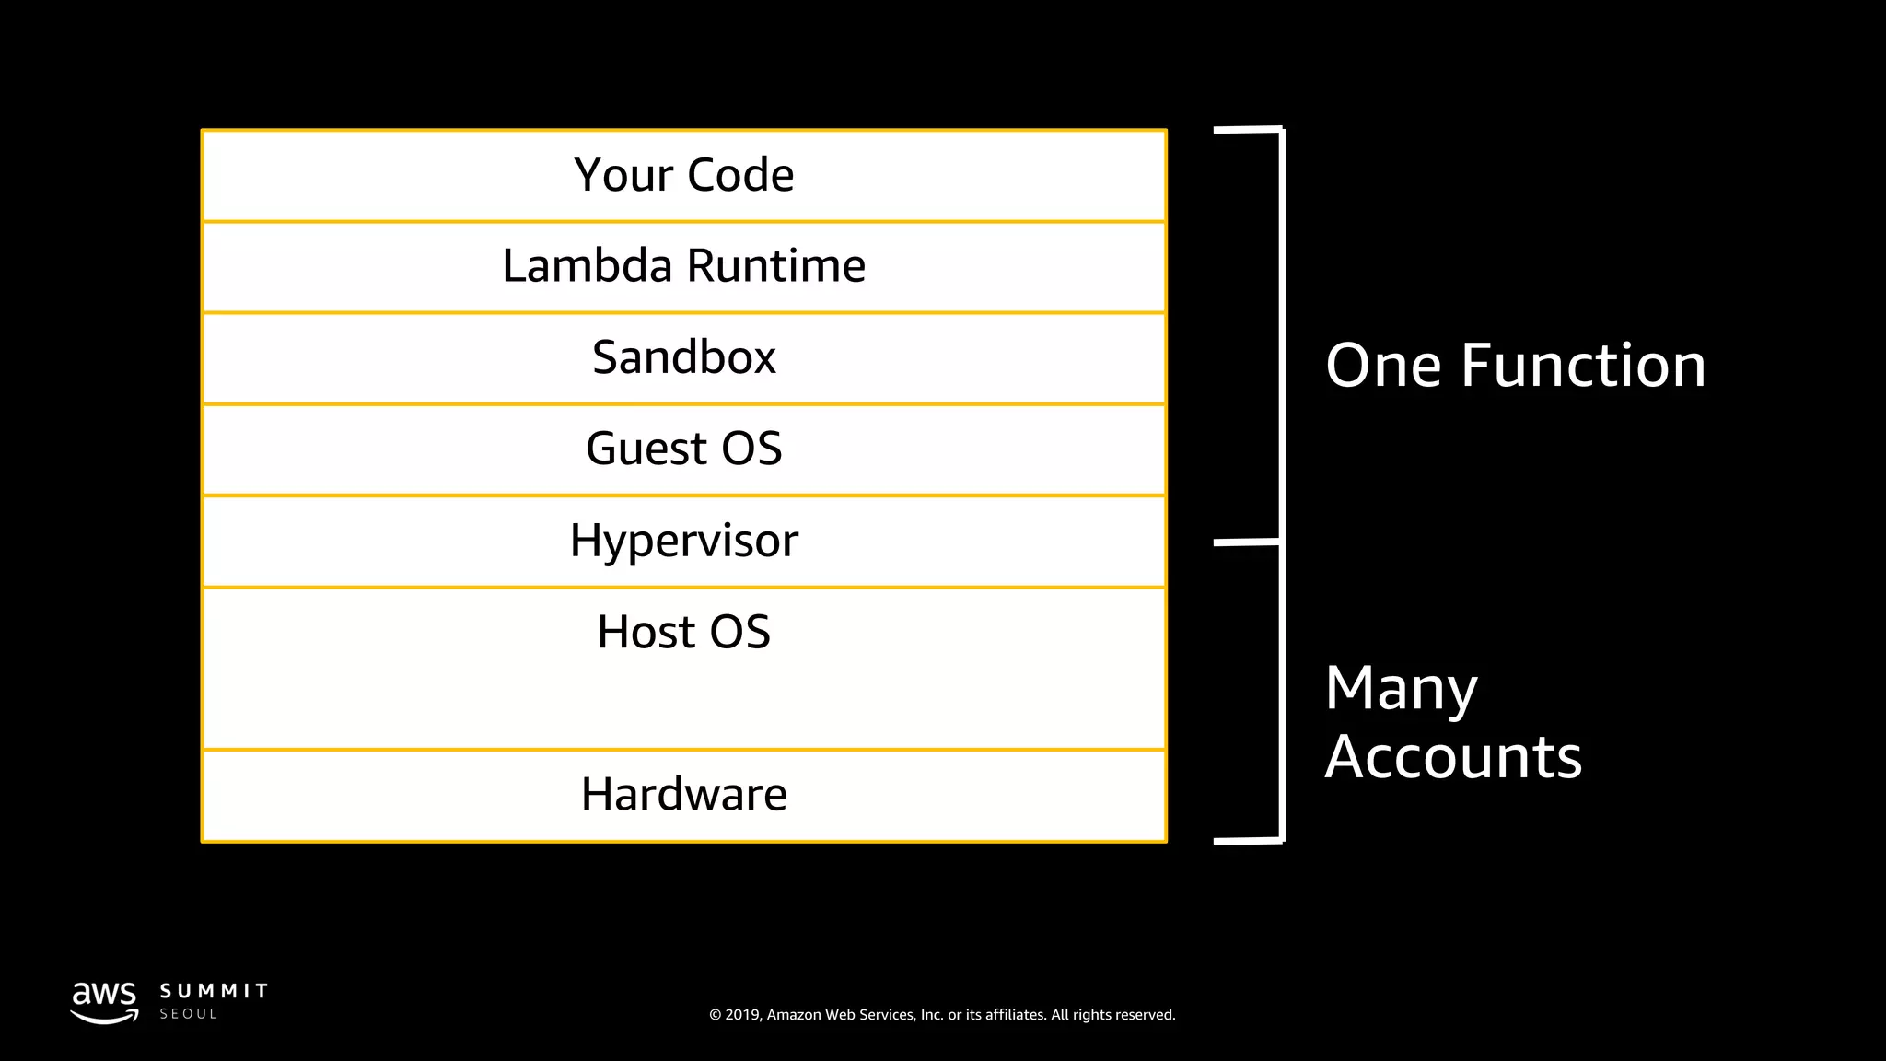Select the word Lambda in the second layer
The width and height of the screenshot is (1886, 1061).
pyautogui.click(x=587, y=266)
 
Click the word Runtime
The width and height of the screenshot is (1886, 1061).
pyautogui.click(x=775, y=266)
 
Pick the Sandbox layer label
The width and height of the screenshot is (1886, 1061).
pyautogui.click(x=683, y=357)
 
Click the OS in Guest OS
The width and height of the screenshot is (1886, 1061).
pyautogui.click(x=751, y=449)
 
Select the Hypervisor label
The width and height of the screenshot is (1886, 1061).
pyautogui.click(x=683, y=541)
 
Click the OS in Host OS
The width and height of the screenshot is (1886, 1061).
pyautogui.click(x=739, y=632)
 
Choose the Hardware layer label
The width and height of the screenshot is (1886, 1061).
pyautogui.click(x=683, y=794)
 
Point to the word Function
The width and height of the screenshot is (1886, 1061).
pyautogui.click(x=1583, y=366)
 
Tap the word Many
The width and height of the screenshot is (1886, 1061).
pyautogui.click(x=1401, y=689)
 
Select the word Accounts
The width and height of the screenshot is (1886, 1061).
pyautogui.click(x=1452, y=757)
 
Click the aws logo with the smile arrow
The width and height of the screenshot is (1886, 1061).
pyautogui.click(x=104, y=1002)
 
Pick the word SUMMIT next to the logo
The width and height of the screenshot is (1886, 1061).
pyautogui.click(x=214, y=991)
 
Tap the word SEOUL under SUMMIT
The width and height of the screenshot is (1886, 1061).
pyautogui.click(x=188, y=1014)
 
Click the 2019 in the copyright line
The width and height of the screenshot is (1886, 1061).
pyautogui.click(x=743, y=1015)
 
